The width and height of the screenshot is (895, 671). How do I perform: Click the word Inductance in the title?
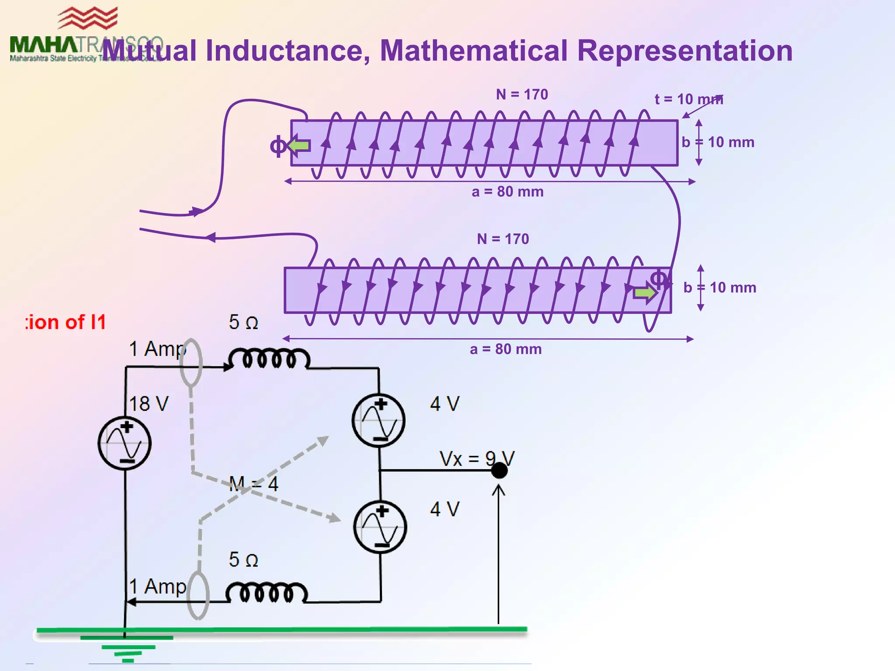[x=288, y=51]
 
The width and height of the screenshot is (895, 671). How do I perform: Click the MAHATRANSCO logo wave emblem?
[x=88, y=19]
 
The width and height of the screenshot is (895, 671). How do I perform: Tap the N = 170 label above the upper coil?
[x=522, y=94]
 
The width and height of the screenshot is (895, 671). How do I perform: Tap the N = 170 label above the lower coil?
[x=503, y=239]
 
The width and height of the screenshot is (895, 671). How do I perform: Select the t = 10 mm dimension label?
[x=689, y=99]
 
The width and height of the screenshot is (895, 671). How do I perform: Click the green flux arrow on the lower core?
[x=645, y=293]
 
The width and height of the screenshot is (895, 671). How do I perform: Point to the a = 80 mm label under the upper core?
[x=507, y=192]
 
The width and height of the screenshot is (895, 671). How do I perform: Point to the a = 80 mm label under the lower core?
[x=506, y=349]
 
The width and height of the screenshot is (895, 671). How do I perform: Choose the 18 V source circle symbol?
[x=125, y=443]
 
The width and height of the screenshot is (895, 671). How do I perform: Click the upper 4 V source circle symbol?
[x=378, y=420]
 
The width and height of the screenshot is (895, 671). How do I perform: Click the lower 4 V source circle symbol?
[x=380, y=527]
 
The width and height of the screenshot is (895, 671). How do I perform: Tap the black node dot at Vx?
[x=499, y=470]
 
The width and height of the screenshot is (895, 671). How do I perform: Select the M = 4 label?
[x=253, y=484]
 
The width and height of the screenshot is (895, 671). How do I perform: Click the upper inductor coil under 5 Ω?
[x=269, y=359]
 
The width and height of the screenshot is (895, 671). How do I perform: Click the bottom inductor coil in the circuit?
[x=267, y=593]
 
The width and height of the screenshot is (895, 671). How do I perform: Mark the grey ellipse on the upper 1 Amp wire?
[x=191, y=363]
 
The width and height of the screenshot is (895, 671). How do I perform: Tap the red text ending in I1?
[x=66, y=322]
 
